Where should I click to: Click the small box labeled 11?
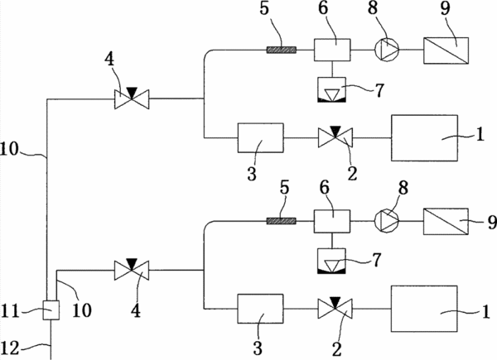pos(51,310)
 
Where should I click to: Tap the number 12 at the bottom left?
pos(11,348)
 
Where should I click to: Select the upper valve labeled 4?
pos(132,98)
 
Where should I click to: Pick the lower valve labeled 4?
pos(132,270)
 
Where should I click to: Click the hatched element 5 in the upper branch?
pos(282,50)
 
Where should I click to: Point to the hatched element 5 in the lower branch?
pos(282,221)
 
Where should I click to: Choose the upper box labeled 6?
pos(332,50)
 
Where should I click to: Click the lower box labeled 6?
pos(332,221)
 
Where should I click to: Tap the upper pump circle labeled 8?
pos(387,50)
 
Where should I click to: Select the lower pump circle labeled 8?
pos(387,221)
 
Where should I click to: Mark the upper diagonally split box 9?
pos(446,50)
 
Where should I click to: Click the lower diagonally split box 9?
pos(446,221)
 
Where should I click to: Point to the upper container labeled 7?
pos(332,90)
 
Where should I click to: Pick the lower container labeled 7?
pos(332,262)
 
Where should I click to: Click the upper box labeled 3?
pos(261,137)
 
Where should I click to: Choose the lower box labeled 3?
pos(261,309)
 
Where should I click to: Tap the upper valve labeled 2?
pos(335,137)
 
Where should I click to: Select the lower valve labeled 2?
pos(335,309)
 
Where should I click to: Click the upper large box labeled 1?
pos(424,138)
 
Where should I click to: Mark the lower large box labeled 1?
pos(424,309)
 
